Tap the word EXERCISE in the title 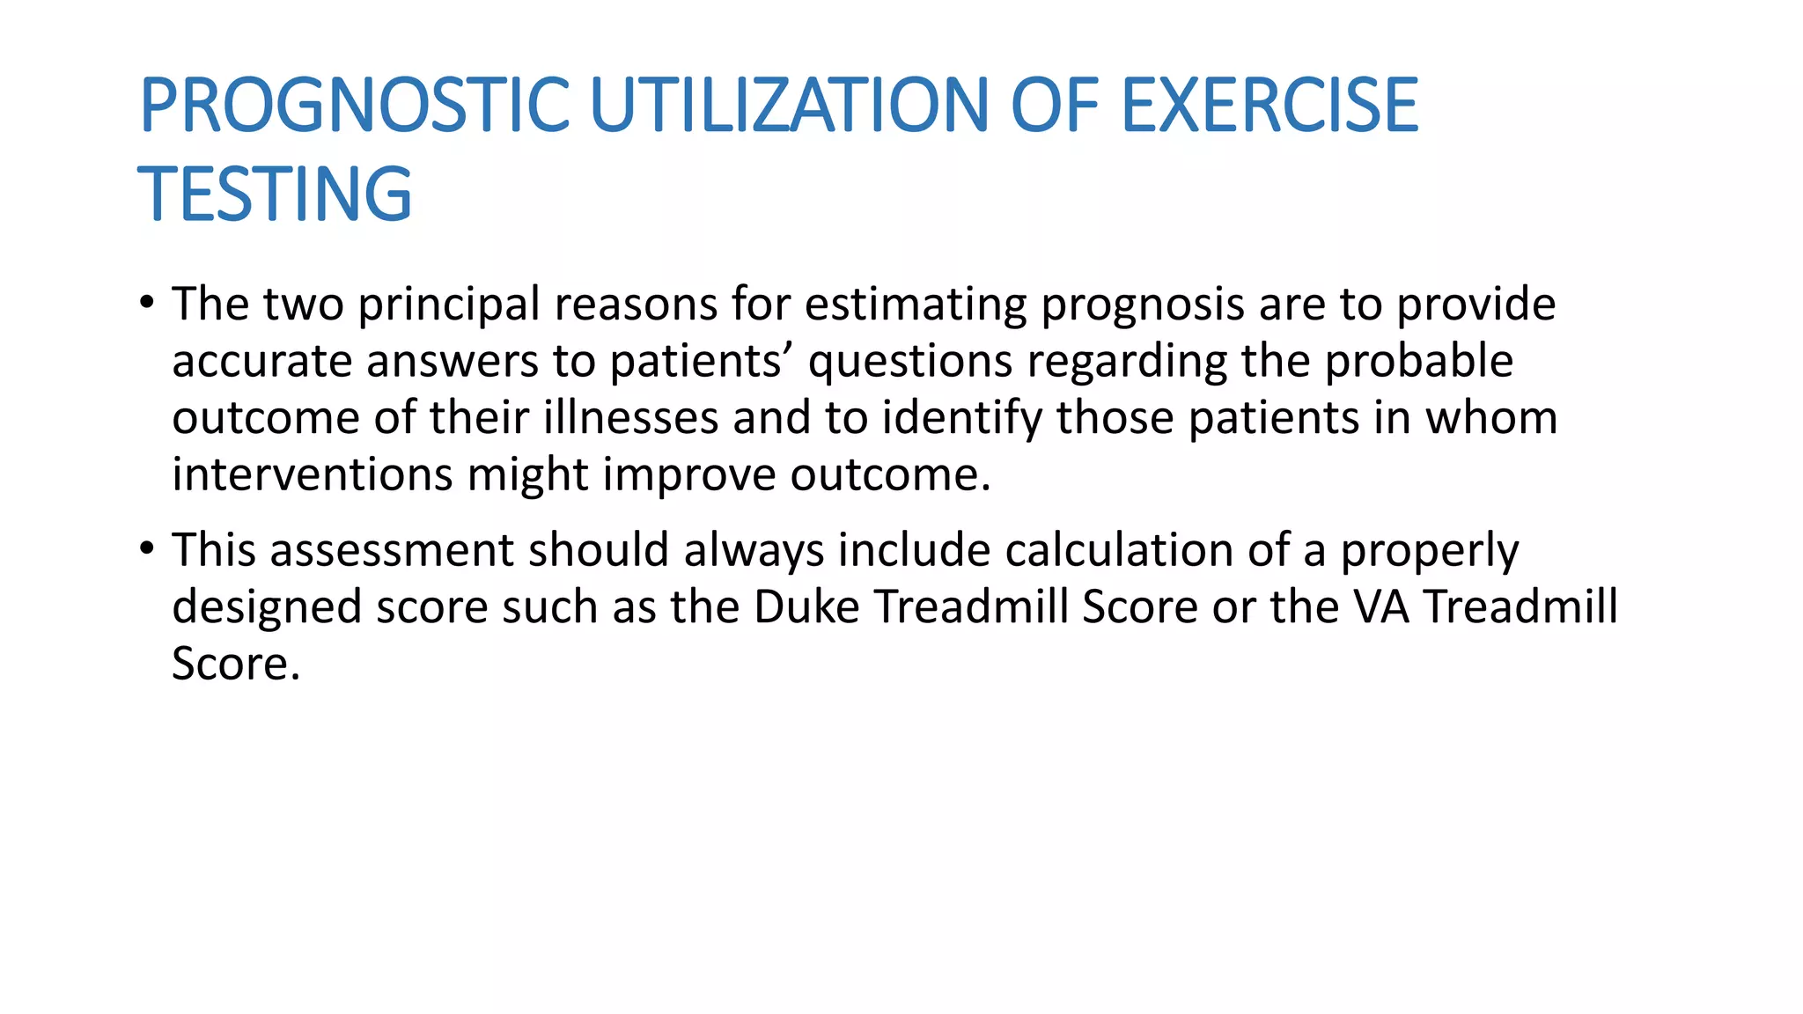pos(1269,106)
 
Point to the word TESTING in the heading pos(275,194)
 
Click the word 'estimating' pos(916,305)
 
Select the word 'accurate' pos(261,362)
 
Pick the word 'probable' pos(1418,362)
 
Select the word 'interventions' pos(312,475)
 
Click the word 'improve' pos(689,477)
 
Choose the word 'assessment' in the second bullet pos(392,551)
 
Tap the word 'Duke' pos(806,607)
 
